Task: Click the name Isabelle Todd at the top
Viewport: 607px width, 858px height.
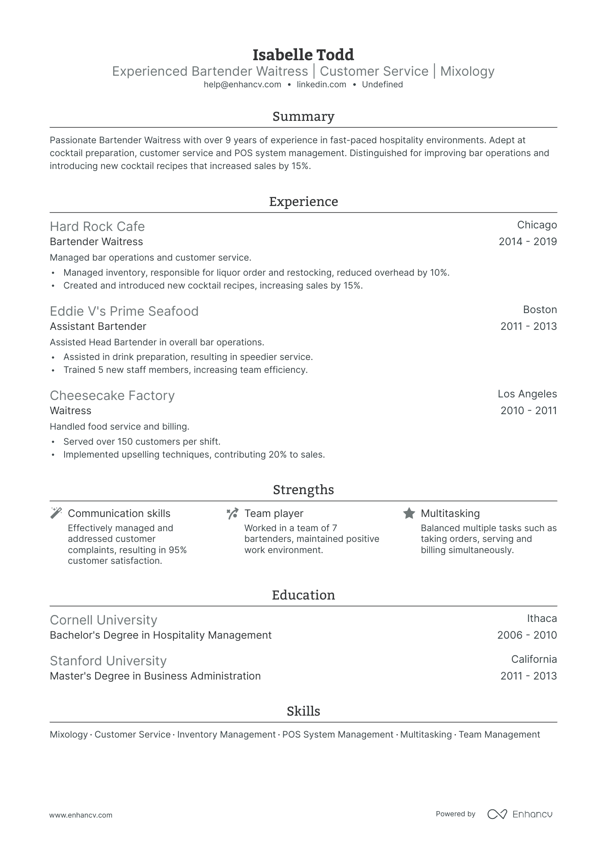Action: (x=303, y=55)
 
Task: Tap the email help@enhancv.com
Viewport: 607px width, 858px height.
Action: (x=242, y=85)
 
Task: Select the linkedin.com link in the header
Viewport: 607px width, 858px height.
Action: (x=322, y=85)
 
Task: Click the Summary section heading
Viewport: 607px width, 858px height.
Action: (x=303, y=117)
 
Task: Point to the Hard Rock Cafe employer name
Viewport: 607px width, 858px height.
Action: (x=97, y=227)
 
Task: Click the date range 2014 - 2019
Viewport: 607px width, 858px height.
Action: (x=527, y=242)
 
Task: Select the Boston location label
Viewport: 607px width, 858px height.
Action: (x=540, y=310)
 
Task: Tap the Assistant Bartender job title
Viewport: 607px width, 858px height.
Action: (x=98, y=326)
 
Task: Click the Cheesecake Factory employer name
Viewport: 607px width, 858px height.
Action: (x=112, y=396)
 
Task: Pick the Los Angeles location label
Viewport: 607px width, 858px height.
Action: (x=527, y=394)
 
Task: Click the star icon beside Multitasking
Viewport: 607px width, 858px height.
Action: (x=409, y=513)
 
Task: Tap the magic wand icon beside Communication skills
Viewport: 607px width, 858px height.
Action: (x=56, y=513)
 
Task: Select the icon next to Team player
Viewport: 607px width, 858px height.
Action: (x=232, y=513)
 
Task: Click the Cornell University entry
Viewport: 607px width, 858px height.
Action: (x=103, y=620)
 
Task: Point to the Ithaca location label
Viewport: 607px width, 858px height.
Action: (x=542, y=618)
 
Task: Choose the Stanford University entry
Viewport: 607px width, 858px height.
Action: (x=108, y=661)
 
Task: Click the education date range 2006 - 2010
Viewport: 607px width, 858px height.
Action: (x=526, y=635)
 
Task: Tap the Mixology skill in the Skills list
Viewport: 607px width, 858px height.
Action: (x=68, y=735)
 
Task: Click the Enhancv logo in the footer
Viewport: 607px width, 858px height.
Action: (x=520, y=814)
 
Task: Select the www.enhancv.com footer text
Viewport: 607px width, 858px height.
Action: (x=81, y=815)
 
